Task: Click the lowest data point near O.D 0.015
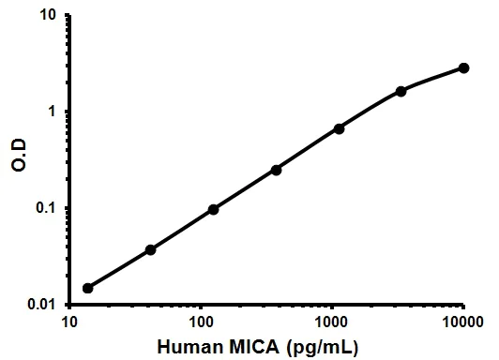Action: [88, 288]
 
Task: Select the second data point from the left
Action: [151, 249]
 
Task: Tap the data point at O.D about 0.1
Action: [214, 209]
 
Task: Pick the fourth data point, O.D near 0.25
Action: [277, 170]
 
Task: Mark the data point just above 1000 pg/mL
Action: [339, 128]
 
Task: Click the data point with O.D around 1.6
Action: [401, 91]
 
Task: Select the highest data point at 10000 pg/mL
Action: [463, 67]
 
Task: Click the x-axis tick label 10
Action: [69, 322]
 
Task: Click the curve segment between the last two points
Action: [433, 78]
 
